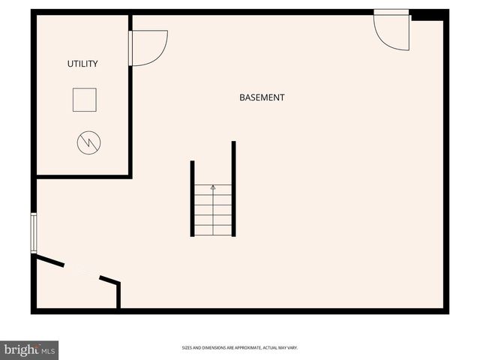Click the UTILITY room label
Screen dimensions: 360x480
(x=82, y=64)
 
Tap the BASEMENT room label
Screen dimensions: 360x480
(x=262, y=97)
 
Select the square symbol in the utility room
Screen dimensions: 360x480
(x=84, y=100)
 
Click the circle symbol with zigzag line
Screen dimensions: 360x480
(x=88, y=142)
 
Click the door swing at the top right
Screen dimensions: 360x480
(x=391, y=31)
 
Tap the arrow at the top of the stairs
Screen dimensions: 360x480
(x=212, y=187)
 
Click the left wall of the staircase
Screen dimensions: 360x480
(x=193, y=199)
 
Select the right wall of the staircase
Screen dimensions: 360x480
(x=233, y=189)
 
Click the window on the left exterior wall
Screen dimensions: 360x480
(x=33, y=232)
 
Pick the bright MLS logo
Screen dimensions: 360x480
(x=29, y=350)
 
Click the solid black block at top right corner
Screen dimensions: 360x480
(x=428, y=14)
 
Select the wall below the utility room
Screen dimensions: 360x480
(x=83, y=177)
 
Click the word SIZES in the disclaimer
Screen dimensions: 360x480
(x=187, y=348)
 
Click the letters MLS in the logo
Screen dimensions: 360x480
(x=48, y=350)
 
